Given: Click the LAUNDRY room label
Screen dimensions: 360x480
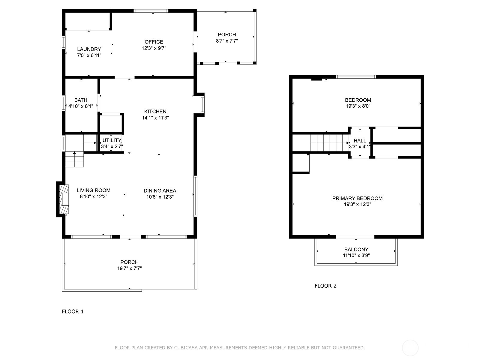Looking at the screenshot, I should pos(89,49).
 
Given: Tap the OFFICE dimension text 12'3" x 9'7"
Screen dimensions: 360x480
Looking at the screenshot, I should pos(154,48).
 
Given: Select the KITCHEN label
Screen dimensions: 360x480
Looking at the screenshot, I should pos(155,111).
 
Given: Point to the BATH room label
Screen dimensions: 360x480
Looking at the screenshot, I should pos(81,100).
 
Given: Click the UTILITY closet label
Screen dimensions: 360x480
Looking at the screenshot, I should pos(112,140).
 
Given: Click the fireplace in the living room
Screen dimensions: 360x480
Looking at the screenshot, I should pos(64,199).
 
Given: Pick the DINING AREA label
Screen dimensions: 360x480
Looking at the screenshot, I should pos(160,190).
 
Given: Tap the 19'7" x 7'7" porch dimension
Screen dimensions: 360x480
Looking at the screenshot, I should pos(129,268).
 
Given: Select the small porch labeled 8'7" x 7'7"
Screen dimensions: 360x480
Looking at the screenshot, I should pos(227,38).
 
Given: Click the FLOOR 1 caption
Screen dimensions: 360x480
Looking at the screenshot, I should pos(73,311).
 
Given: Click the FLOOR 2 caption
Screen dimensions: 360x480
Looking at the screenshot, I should pos(325,286).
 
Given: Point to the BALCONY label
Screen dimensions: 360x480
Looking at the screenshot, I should pos(356,249).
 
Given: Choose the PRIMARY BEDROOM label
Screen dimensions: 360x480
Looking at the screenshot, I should pos(357,198).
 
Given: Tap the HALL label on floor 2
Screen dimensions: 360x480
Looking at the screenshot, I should pos(360,141).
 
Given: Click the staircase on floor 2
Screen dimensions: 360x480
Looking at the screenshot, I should pos(329,143).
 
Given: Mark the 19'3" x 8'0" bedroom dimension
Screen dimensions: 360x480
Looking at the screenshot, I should pos(358,106).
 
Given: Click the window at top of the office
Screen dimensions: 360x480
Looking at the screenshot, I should pos(151,11).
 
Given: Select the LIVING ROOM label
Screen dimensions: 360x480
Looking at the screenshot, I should pos(93,190).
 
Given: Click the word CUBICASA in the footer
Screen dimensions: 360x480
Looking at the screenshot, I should pos(195,348).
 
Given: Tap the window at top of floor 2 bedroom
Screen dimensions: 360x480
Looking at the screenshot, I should pos(356,77).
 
